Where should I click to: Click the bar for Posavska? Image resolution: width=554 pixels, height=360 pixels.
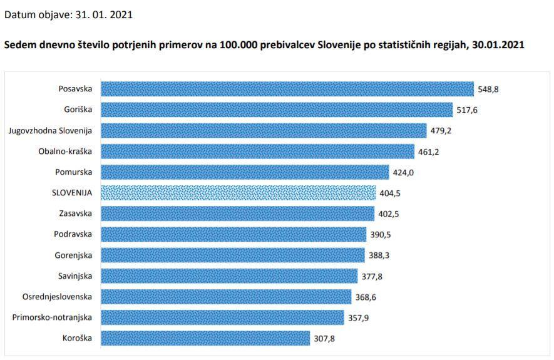[x=287, y=89]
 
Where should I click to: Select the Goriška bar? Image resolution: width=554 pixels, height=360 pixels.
[x=277, y=110]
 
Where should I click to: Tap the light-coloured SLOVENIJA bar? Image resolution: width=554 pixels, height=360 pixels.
[x=238, y=193]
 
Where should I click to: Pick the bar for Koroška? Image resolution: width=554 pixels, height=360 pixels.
[x=205, y=338]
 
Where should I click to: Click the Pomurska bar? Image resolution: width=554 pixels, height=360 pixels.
[x=245, y=172]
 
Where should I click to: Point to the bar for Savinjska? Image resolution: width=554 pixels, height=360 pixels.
[x=229, y=276]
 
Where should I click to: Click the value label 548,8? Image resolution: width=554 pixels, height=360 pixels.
[x=488, y=89]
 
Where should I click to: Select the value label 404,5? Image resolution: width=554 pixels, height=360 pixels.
[x=391, y=193]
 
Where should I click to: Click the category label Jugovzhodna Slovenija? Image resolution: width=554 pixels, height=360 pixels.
[x=50, y=130]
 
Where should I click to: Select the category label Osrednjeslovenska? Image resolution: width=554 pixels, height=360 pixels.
[x=57, y=297]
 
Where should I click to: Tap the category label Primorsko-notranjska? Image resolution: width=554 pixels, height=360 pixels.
[x=52, y=317]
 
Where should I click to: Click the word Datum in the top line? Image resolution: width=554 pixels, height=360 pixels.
[x=19, y=14]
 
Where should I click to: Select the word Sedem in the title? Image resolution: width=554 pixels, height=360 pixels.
[x=19, y=46]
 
